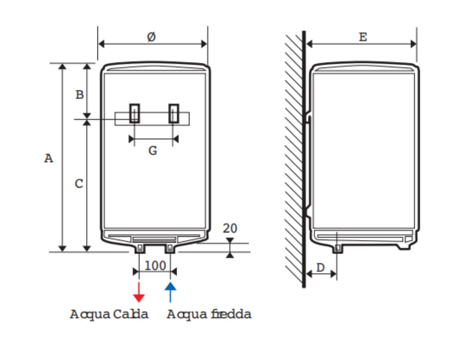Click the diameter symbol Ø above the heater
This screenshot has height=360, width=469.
151,37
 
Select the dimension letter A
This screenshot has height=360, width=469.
48,158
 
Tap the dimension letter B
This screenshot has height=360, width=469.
79,94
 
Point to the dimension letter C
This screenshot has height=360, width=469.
79,184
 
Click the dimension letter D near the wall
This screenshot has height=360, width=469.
321,267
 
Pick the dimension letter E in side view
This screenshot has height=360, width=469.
362,37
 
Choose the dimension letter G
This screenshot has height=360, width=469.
153,151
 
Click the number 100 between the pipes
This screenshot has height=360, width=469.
155,266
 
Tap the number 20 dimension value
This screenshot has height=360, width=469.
230,229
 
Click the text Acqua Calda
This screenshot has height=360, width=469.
109,314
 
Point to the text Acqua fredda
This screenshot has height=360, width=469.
209,314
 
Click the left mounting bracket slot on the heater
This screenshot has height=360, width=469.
134,113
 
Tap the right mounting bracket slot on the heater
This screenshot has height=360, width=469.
174,113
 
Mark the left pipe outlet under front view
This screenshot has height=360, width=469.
140,248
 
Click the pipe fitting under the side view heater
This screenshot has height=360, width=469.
338,248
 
